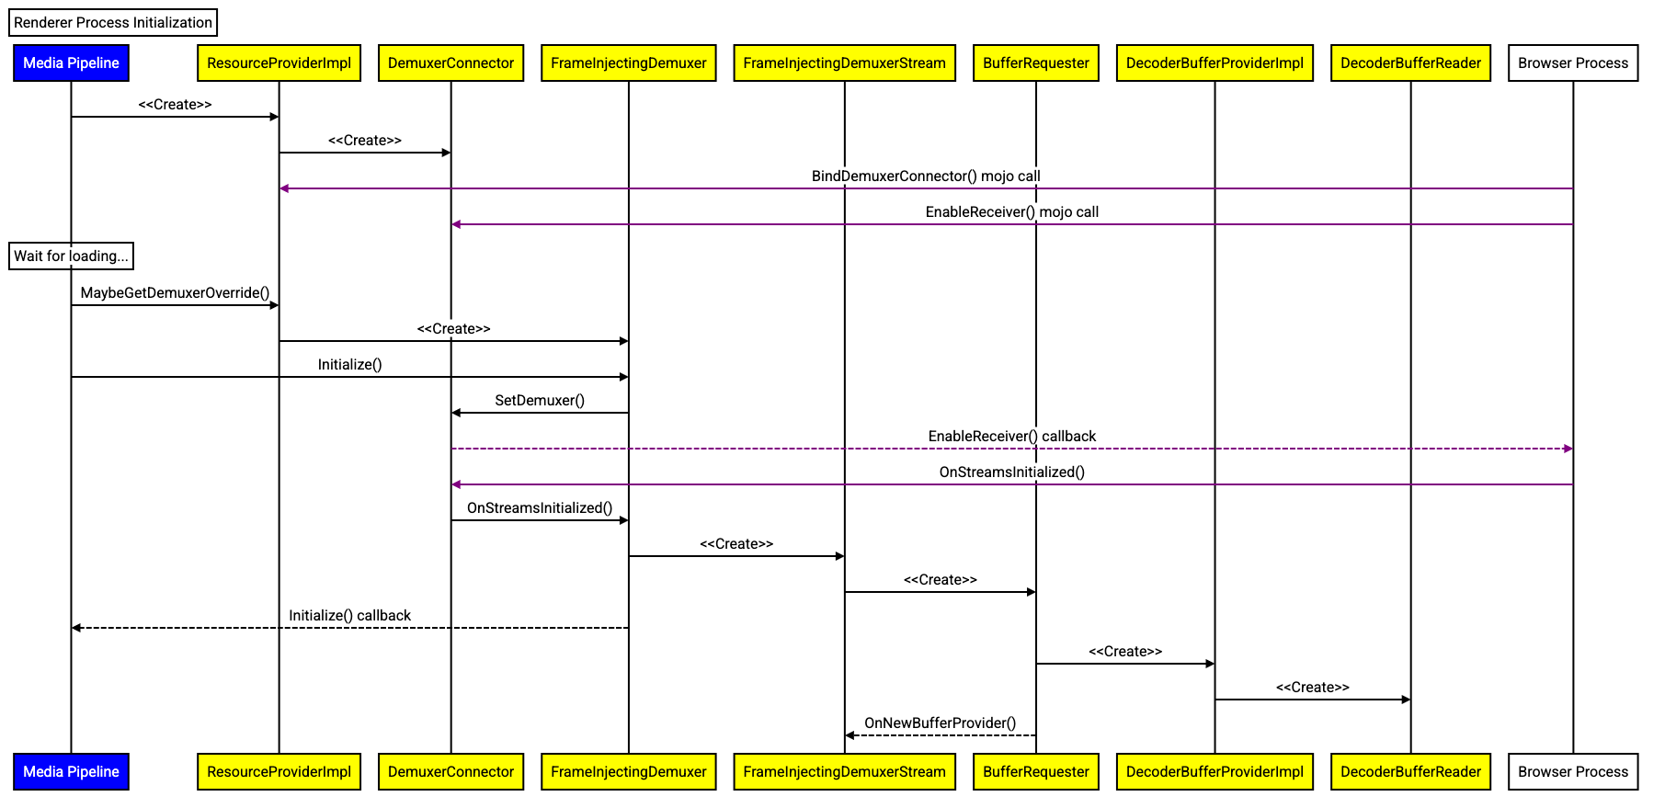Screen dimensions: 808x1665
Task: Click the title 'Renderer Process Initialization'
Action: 113,23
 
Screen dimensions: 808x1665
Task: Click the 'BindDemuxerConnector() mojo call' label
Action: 926,176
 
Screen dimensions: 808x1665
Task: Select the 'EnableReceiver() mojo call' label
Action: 1011,211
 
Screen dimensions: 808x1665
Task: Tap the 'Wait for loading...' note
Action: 71,256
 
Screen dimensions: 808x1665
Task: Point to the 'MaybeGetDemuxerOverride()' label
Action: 175,293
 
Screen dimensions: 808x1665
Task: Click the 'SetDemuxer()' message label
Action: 540,400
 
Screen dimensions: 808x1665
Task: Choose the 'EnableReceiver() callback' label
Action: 1011,436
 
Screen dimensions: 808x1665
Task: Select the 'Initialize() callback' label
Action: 349,616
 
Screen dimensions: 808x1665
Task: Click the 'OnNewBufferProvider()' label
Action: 940,723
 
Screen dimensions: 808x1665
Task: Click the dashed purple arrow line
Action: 736,449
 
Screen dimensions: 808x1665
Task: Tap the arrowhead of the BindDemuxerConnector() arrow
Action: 284,188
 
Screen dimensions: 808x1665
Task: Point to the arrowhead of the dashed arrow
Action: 1568,449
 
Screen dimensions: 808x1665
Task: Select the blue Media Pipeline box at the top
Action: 71,63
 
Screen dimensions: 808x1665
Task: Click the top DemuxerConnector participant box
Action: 450,63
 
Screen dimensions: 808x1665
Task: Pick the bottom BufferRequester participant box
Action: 1035,772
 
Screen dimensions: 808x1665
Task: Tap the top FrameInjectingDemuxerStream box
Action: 844,63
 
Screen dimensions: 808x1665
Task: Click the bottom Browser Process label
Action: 1573,772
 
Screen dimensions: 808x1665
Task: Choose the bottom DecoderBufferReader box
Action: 1410,772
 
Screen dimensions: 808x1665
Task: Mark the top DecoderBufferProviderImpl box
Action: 1215,63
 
